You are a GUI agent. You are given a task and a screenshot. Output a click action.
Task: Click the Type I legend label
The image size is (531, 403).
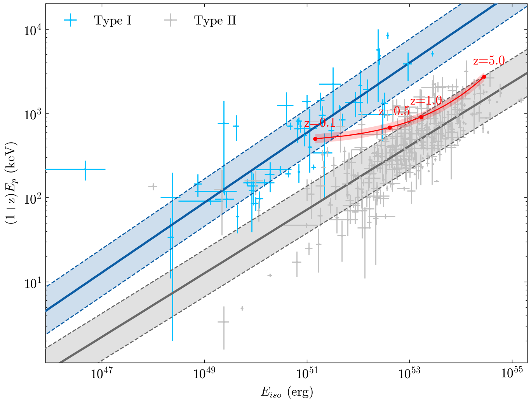coord(113,21)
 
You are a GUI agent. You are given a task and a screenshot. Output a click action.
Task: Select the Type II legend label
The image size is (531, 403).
coord(215,21)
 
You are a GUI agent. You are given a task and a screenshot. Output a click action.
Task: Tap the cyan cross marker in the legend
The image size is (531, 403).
coord(70,21)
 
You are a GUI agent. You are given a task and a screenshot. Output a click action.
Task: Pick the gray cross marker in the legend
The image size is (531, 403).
coord(171,21)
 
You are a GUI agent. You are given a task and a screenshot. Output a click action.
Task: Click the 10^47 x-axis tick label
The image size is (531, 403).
coord(101,373)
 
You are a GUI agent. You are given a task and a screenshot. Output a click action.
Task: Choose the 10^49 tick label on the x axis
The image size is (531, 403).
coord(204,373)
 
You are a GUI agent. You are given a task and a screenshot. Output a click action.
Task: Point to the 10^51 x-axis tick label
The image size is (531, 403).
coord(307,373)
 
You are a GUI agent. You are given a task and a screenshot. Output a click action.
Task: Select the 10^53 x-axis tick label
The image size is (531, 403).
coord(410,373)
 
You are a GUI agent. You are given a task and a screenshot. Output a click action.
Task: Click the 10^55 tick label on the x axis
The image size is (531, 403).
coord(512,373)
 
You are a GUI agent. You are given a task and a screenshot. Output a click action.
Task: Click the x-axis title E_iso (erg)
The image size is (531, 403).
coord(287,392)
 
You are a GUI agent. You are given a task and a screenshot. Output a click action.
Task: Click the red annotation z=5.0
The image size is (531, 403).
coord(489,61)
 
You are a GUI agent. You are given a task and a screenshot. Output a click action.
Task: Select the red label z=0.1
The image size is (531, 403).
coord(320,124)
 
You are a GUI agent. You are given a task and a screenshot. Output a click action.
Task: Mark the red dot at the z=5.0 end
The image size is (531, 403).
coord(484,77)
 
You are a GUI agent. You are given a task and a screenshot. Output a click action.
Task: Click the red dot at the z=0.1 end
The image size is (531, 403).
coord(315,139)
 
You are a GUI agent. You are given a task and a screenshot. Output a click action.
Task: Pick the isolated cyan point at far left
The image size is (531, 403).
coord(85,169)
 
